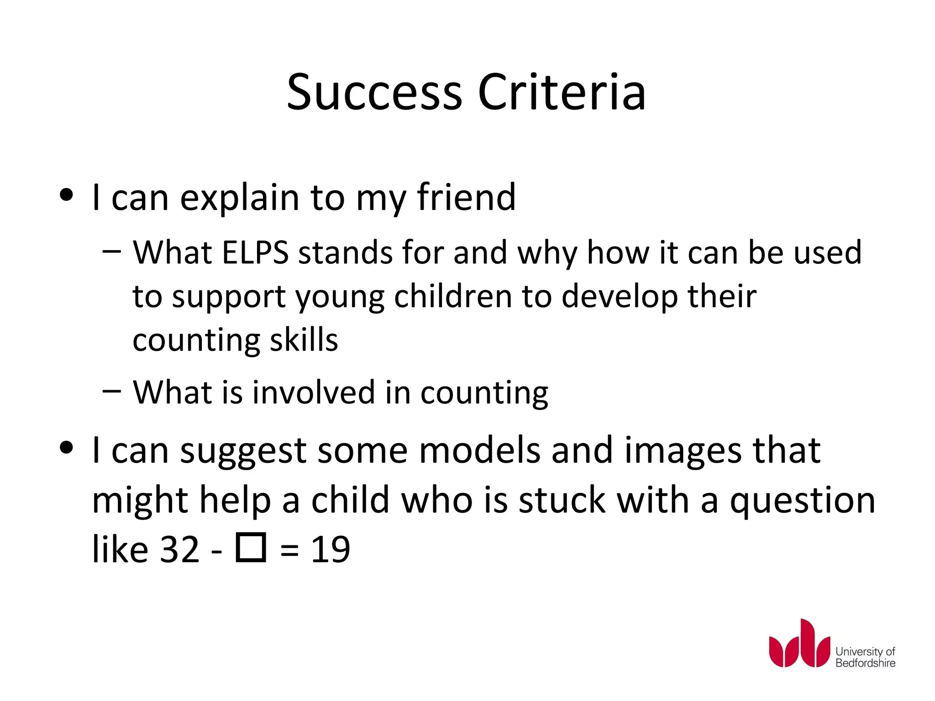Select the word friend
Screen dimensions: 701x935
(466, 197)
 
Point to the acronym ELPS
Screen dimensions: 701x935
(255, 252)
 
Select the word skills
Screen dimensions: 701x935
(304, 340)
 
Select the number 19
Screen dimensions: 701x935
(330, 549)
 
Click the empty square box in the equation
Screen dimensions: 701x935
(251, 548)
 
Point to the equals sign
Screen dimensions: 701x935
(289, 550)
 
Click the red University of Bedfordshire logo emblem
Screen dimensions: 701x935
(799, 644)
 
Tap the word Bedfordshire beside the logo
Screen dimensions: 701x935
(865, 663)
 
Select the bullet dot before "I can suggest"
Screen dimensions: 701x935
(67, 448)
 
